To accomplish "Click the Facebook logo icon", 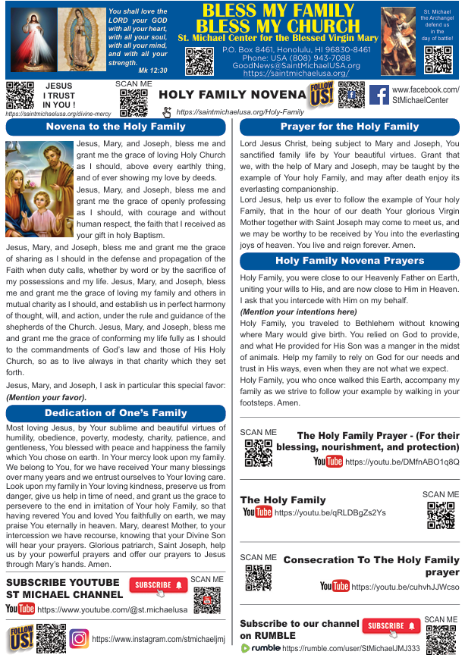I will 379,96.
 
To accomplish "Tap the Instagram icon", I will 79,638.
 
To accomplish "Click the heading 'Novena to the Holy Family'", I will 116,127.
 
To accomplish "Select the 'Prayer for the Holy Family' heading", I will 350,127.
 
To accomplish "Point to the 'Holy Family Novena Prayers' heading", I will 350,261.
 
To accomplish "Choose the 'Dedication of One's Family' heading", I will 116,413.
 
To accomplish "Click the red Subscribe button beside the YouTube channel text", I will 158,585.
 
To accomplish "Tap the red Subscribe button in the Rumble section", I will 391,626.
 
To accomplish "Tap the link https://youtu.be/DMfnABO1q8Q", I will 402,461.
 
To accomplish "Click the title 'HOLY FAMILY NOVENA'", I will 231,95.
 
